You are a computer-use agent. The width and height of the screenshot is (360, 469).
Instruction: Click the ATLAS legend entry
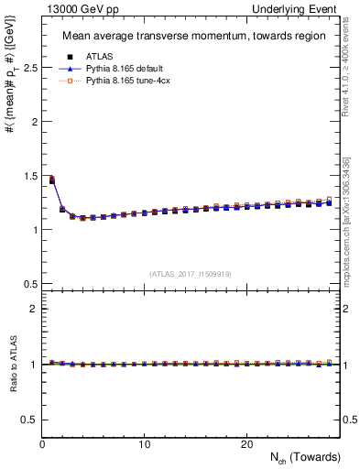(99, 56)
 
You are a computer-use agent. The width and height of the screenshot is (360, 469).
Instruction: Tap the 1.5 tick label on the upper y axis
(30, 176)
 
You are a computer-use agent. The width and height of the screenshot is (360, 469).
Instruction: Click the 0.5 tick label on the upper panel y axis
(30, 283)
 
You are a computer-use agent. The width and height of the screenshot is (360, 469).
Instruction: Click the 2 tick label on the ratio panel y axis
(34, 310)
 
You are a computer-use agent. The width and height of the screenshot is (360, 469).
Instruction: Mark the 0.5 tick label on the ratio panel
(30, 420)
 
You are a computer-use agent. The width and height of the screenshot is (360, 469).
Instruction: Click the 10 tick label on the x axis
(145, 444)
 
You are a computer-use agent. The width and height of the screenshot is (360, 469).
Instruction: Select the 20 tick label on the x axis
(246, 444)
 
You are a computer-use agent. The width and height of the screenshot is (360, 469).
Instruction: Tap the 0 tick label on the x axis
(43, 444)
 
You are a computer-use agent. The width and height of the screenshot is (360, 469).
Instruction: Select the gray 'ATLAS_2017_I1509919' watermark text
(191, 273)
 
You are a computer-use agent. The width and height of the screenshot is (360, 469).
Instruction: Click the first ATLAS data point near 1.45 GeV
(52, 180)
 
